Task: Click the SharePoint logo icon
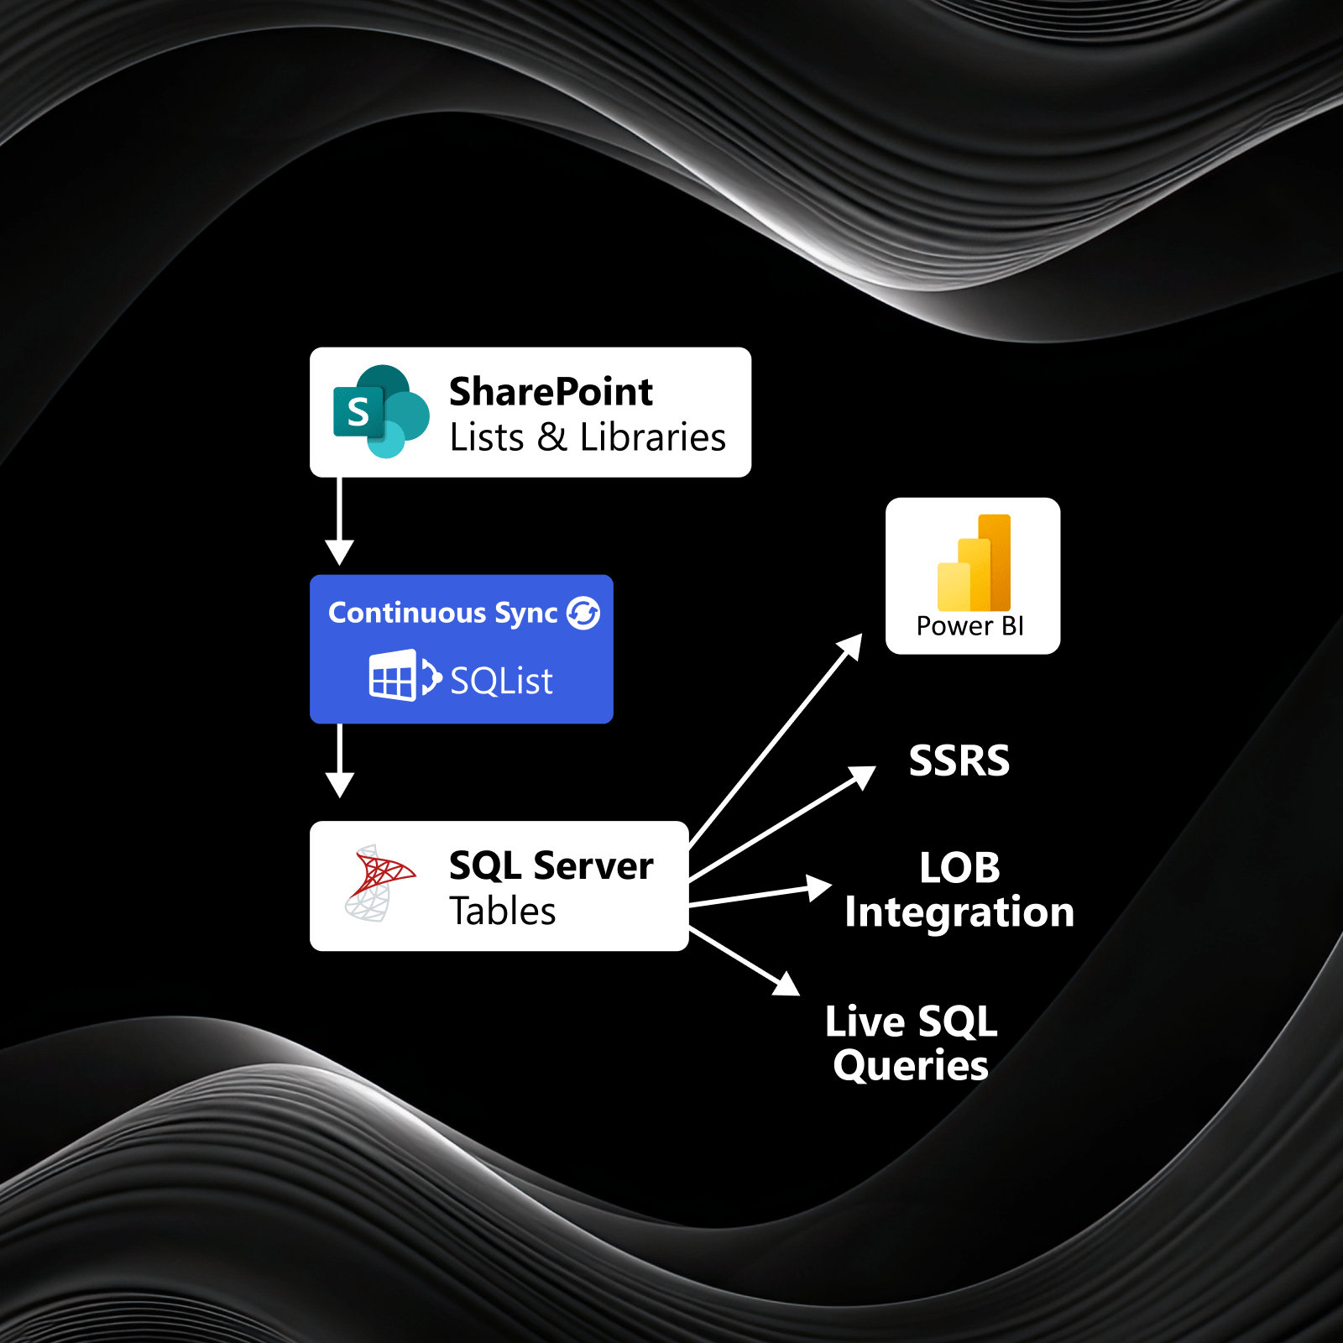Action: click(380, 411)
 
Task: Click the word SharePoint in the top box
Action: click(551, 392)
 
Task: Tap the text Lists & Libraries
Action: click(587, 437)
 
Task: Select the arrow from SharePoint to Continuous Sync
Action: click(339, 520)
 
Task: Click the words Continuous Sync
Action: click(442, 613)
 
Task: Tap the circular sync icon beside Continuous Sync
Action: click(583, 613)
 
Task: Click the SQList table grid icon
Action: click(392, 676)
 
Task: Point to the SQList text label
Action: click(501, 681)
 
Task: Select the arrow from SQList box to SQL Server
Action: click(339, 760)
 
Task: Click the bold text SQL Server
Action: click(551, 865)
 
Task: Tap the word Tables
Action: click(502, 912)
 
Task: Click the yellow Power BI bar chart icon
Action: click(975, 563)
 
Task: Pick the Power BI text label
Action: click(969, 626)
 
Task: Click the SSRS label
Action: click(959, 760)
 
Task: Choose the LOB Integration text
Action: click(959, 890)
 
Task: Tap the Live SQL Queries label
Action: click(912, 1043)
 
